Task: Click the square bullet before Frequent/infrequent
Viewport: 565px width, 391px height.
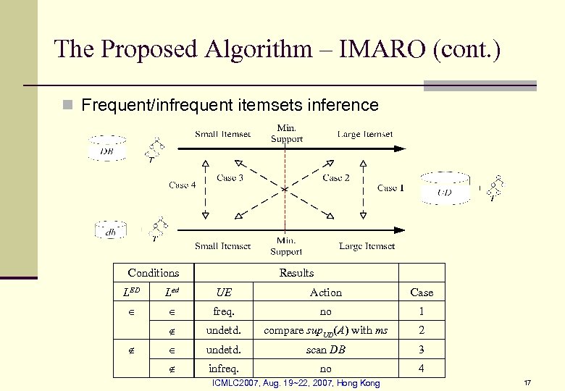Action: click(x=67, y=106)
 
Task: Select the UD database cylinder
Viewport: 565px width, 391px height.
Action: click(x=445, y=190)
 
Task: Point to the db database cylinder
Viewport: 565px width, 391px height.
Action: click(x=111, y=231)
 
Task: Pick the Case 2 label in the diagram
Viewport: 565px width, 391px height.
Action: click(x=336, y=177)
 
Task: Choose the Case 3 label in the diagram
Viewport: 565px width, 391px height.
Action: click(x=230, y=177)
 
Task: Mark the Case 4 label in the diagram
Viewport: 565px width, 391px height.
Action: click(x=183, y=185)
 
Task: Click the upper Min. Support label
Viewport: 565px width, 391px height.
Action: click(x=286, y=133)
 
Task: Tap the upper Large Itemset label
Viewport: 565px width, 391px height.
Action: click(x=365, y=134)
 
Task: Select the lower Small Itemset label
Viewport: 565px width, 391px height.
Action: click(x=222, y=246)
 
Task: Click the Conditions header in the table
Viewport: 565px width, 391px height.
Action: click(x=153, y=273)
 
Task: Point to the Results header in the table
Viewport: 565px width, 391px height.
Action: click(x=296, y=273)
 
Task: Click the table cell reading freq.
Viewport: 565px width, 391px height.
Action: click(x=224, y=311)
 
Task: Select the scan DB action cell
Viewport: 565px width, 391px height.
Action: click(x=326, y=349)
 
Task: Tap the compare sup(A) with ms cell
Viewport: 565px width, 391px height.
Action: click(x=326, y=331)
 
